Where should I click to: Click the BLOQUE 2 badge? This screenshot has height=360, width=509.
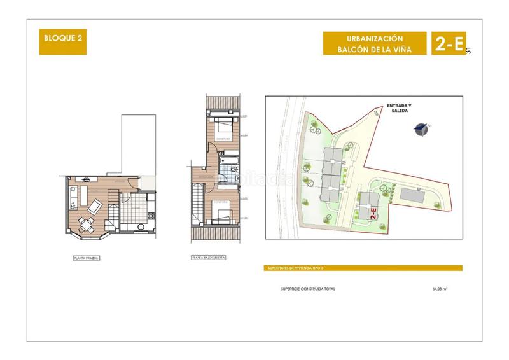point(62,36)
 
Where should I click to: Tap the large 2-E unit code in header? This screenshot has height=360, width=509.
point(447,43)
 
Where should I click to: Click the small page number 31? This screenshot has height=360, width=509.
point(470,52)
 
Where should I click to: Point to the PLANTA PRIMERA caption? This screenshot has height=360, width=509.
point(87,258)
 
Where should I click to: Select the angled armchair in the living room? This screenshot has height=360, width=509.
point(95,205)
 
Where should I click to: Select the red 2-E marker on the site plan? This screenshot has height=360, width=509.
point(373,213)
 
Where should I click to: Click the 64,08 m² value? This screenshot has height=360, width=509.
point(439,289)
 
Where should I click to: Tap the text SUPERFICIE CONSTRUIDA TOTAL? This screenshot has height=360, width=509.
point(308,289)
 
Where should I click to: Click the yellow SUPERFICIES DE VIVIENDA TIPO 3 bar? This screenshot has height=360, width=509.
point(363,268)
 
